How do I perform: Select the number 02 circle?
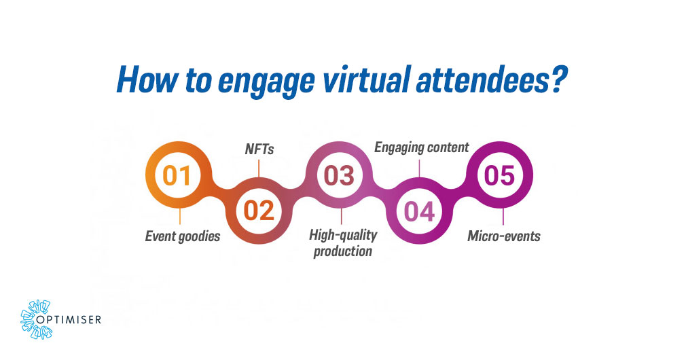coord(259,211)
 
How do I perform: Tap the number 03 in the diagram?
coord(340,175)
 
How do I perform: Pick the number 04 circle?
coord(420,211)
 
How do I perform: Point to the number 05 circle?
coord(500,175)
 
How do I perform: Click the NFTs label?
coord(259,149)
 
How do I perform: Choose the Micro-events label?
coord(503,236)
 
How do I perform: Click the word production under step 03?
coord(343,251)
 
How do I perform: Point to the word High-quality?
coord(343,236)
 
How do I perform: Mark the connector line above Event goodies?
coord(180,218)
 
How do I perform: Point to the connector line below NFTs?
coord(259,166)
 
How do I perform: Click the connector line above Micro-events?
coord(502,217)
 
